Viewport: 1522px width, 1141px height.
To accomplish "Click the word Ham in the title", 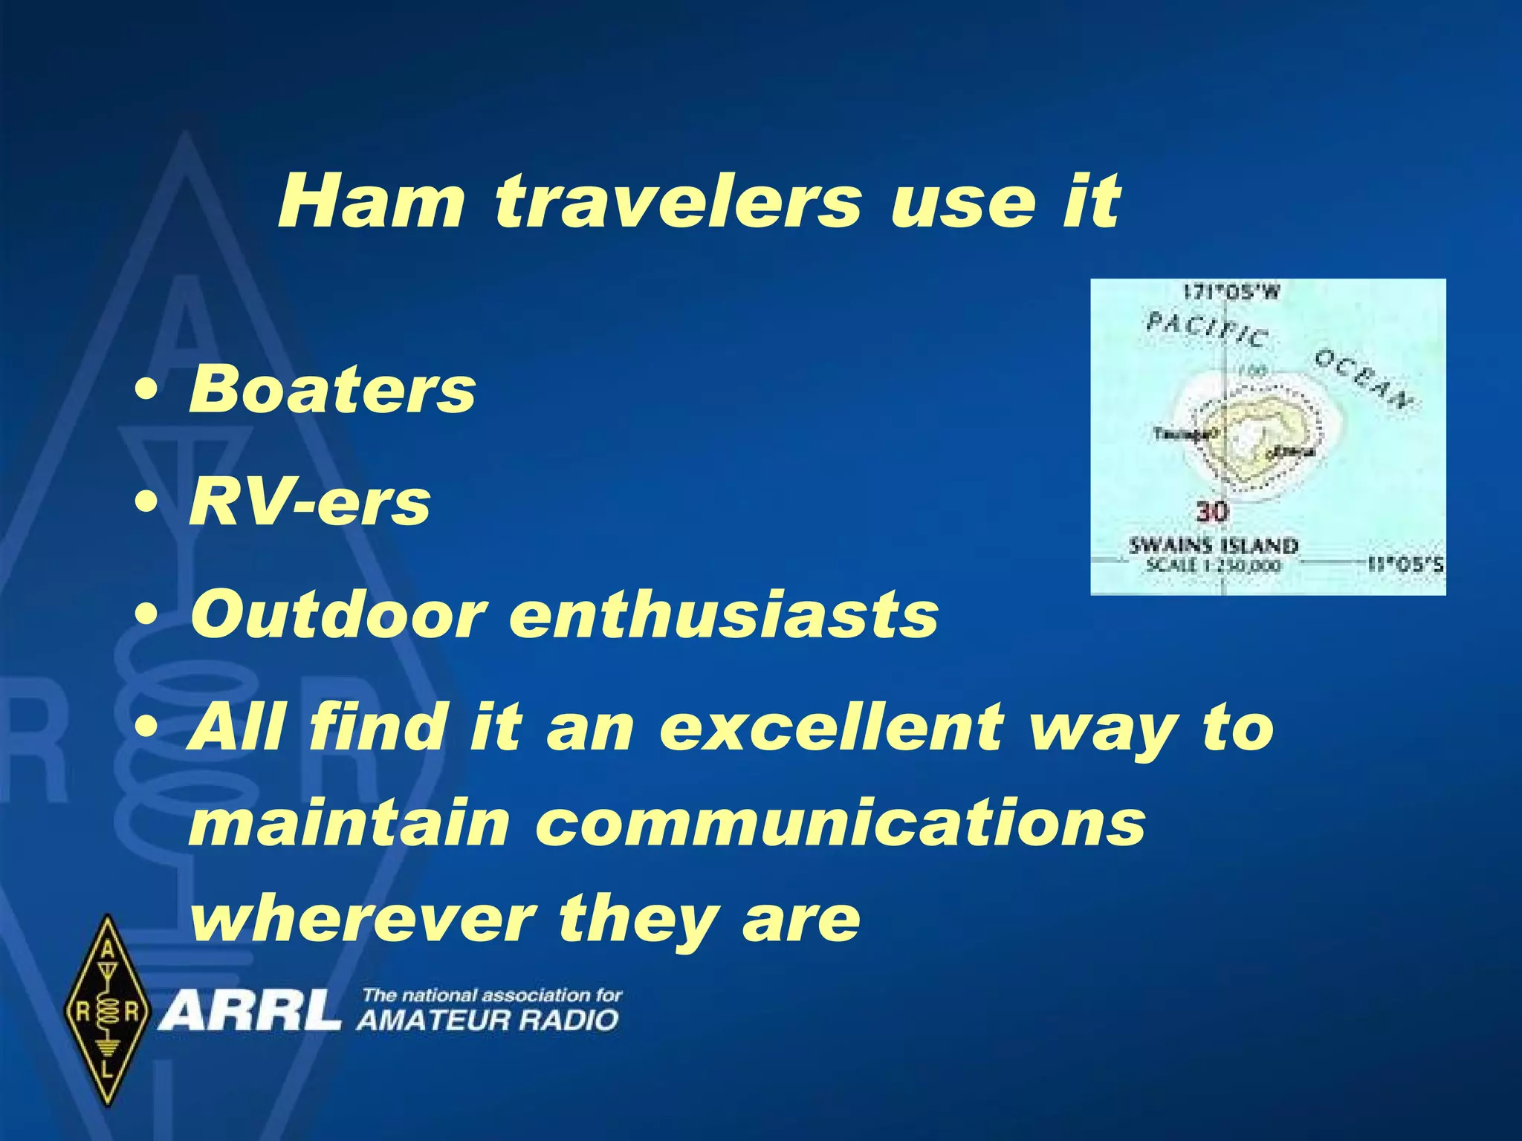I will [370, 201].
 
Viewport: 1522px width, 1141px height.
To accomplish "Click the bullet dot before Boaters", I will [146, 391].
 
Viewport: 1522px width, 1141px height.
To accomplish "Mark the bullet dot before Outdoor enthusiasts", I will [146, 616].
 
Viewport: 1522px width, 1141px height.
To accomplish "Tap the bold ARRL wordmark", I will [250, 1010].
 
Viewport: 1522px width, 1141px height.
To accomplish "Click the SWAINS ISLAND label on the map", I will [1213, 546].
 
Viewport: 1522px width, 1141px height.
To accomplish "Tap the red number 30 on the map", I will [1212, 512].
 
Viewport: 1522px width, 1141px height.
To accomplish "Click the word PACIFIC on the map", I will [1205, 328].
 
